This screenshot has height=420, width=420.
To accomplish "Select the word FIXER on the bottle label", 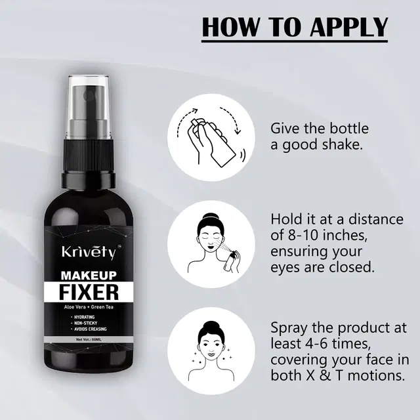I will [x=89, y=292].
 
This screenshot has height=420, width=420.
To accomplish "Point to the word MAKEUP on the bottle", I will [x=89, y=275].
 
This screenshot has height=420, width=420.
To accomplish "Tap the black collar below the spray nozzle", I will [x=89, y=178].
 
